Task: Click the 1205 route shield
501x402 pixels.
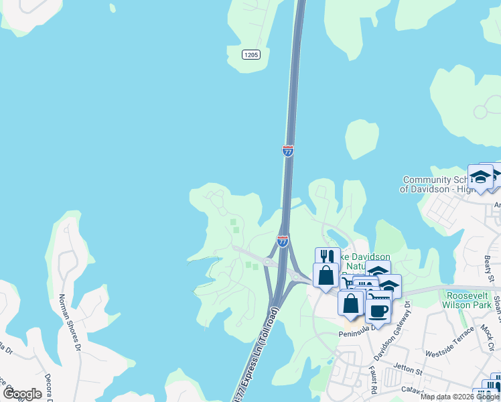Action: [x=250, y=55]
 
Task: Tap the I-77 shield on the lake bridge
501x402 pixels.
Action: [x=288, y=151]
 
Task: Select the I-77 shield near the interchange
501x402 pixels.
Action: [x=283, y=241]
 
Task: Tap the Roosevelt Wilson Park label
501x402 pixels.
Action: [x=471, y=299]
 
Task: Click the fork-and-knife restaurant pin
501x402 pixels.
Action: [x=328, y=258]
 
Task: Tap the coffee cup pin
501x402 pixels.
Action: [x=378, y=311]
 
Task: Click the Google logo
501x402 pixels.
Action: [x=22, y=393]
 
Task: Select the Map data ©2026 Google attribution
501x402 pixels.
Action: [x=459, y=397]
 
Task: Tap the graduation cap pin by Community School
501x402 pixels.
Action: [x=480, y=177]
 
